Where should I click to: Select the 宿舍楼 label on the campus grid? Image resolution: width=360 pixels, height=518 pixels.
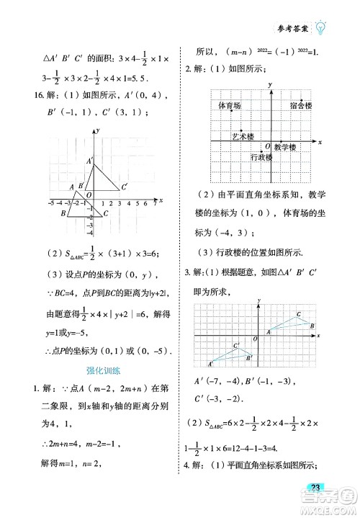click(x=301, y=106)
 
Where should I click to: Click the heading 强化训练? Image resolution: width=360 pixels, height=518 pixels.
click(x=100, y=371)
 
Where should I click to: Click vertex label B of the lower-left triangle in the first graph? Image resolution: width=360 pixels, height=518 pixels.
click(x=63, y=213)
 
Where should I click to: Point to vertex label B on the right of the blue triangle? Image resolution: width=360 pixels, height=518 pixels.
click(x=312, y=326)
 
